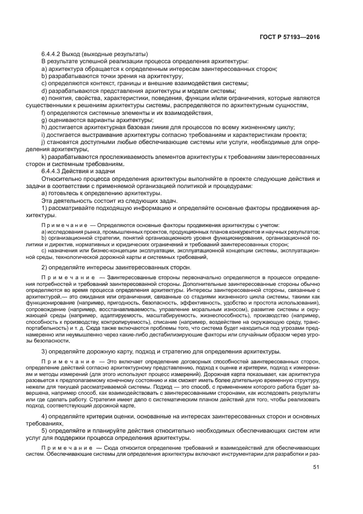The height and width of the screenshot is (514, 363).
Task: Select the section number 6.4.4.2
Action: (53, 54)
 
